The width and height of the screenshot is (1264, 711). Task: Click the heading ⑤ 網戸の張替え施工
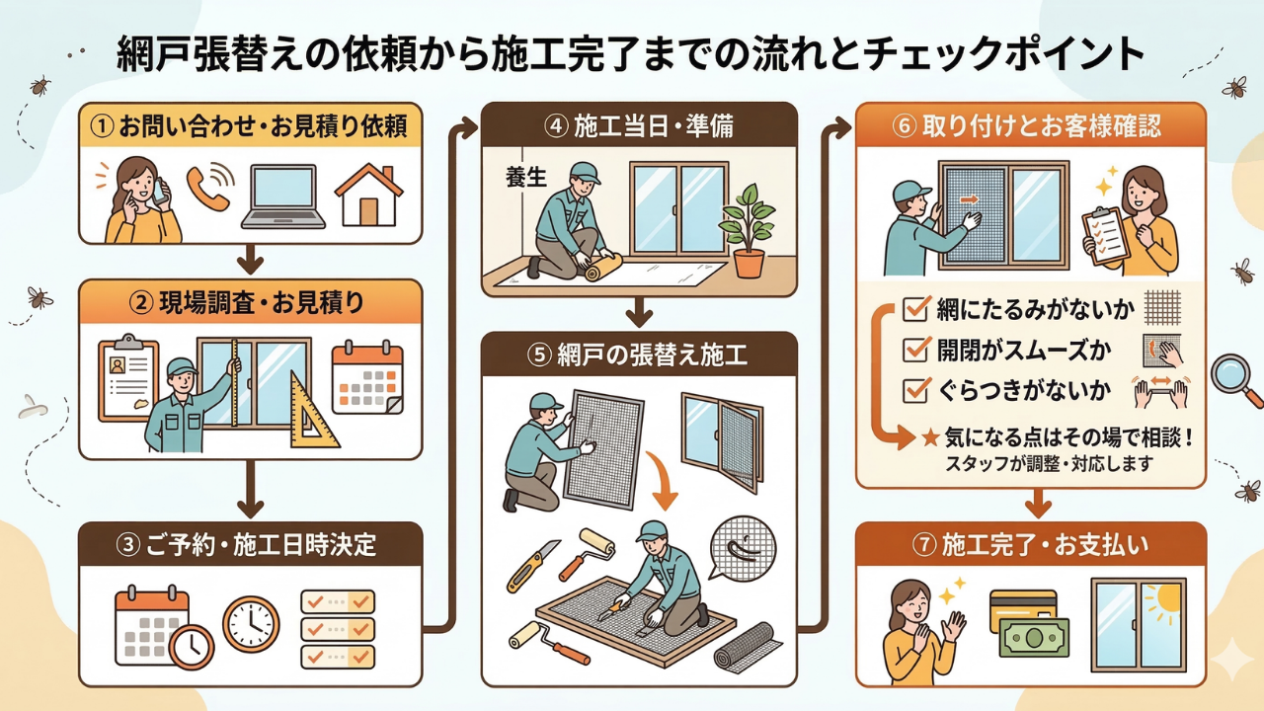[639, 355]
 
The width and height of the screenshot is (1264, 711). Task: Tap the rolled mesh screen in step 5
[747, 647]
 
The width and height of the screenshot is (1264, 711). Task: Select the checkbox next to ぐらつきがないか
[915, 391]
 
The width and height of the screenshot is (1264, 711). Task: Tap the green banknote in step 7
[1034, 637]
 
